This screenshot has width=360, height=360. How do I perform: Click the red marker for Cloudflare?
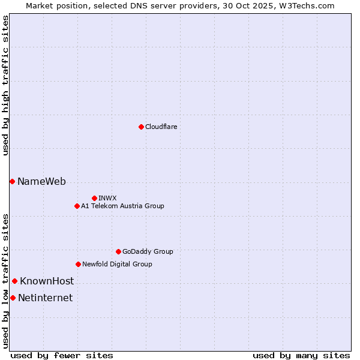point(141,127)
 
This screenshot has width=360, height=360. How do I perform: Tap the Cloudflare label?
point(161,127)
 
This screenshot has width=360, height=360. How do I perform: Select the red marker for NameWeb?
point(12,181)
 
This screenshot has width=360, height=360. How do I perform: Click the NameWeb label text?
point(41,182)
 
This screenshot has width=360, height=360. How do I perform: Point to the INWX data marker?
point(94,198)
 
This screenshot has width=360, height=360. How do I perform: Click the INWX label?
point(107,198)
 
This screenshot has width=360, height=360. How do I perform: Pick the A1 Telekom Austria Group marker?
point(77,206)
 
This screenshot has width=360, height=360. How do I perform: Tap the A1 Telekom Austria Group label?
point(122,206)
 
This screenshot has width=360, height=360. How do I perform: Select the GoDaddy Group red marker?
point(118,251)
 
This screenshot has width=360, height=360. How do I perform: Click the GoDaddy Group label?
point(148,252)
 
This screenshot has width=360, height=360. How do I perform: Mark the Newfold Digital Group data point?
point(78,264)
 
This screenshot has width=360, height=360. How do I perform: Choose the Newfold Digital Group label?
point(117,265)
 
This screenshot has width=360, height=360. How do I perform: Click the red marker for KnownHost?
point(14,281)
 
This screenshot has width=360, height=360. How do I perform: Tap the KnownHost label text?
point(47,281)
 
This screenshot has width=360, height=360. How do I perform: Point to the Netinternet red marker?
point(13,298)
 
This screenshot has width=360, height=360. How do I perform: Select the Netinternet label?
point(45,298)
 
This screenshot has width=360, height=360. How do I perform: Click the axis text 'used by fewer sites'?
point(62,355)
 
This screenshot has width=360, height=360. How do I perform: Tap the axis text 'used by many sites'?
point(301,355)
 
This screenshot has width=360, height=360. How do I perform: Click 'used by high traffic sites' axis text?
point(5,86)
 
